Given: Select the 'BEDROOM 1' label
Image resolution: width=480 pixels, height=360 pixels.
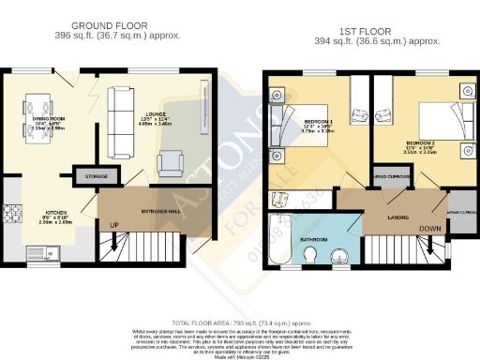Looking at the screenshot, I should pos(320,123).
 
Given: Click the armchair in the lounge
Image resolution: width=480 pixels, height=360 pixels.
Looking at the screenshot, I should pos(172,162).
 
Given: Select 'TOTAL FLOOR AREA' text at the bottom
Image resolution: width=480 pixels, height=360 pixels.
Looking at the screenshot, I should pos(240,321).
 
